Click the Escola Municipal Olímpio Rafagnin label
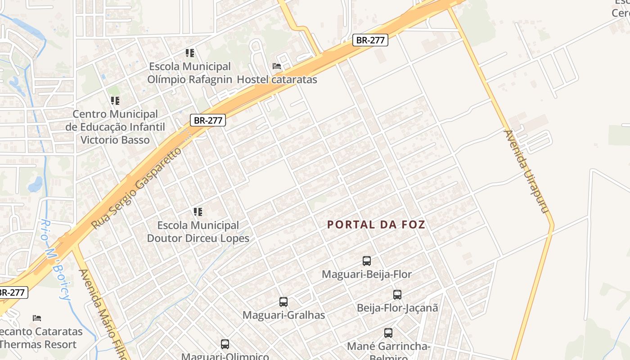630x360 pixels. (x=190, y=73)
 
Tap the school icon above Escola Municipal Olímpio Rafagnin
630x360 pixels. (x=190, y=53)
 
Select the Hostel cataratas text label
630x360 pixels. (x=277, y=80)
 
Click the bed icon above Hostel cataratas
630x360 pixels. (x=277, y=66)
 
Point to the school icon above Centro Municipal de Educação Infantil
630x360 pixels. (x=115, y=101)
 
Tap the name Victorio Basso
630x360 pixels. (x=115, y=139)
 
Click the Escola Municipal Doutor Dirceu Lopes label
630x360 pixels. (x=198, y=231)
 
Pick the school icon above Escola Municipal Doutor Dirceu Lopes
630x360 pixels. (x=198, y=211)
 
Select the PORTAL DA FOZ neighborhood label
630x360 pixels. (x=376, y=224)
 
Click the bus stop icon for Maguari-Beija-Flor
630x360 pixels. (x=367, y=261)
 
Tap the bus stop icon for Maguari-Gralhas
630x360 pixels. (x=283, y=302)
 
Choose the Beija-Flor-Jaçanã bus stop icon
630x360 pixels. (x=397, y=295)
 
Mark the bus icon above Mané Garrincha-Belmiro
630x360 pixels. (x=388, y=333)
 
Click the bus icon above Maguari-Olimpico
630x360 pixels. (x=225, y=344)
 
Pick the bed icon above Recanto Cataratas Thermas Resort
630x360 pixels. (x=37, y=318)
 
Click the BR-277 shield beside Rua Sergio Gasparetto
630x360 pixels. (x=207, y=120)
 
